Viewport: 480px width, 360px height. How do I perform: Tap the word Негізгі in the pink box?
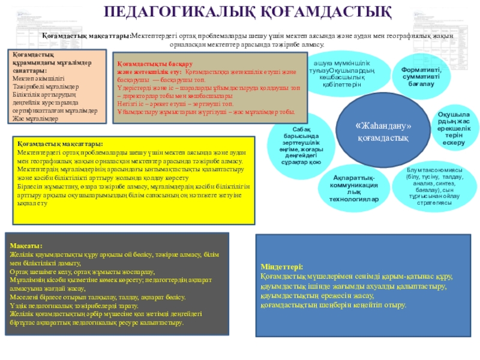click(128, 103)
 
